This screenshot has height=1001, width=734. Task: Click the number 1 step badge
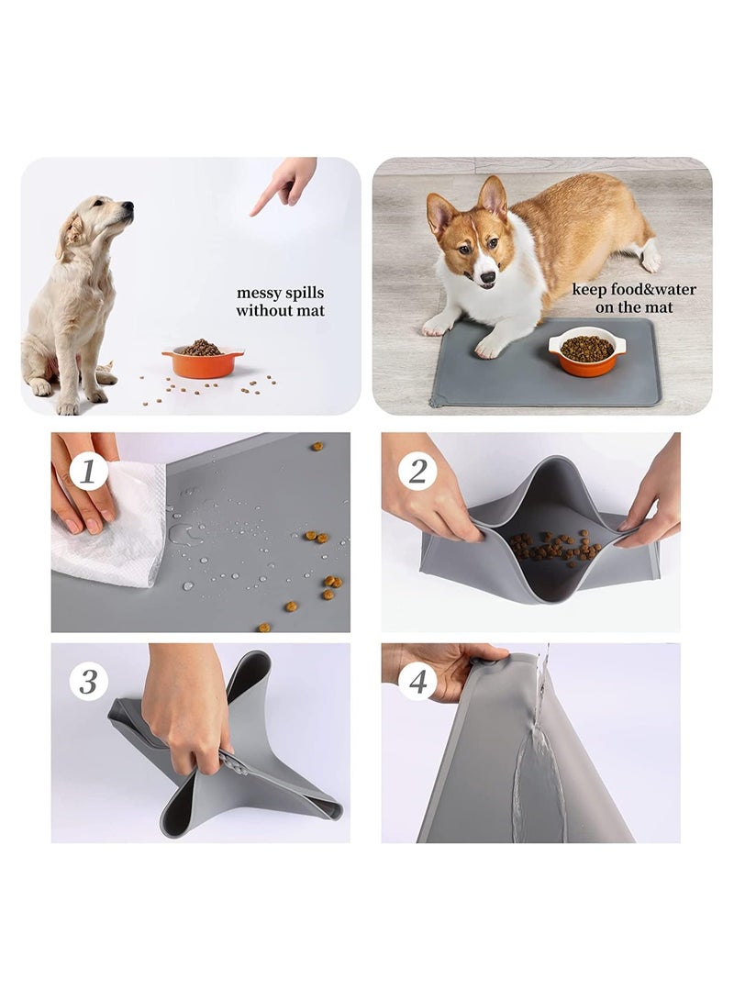coord(88,473)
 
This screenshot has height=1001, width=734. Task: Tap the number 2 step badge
coord(417,472)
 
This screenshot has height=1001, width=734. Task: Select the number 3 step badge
coord(88,682)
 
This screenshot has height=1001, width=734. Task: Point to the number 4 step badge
coord(417,683)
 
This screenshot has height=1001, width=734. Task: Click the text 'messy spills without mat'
coord(280,302)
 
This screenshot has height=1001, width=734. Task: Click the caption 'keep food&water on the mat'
coord(634,298)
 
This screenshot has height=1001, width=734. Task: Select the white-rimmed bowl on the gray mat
coord(587,352)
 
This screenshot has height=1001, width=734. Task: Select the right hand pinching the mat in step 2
coord(653,514)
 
